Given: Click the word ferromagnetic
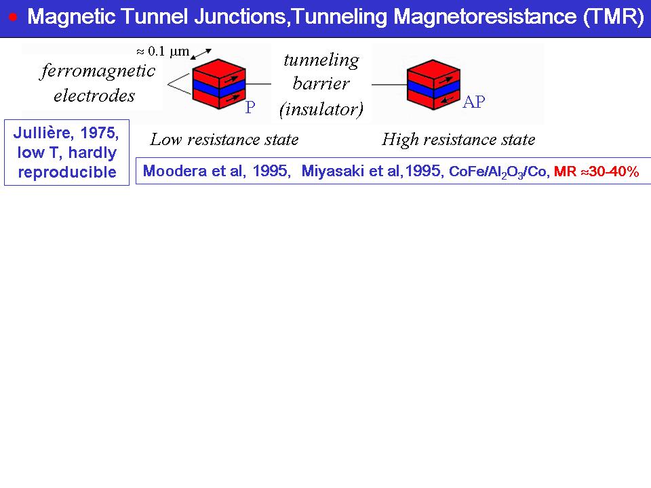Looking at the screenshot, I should pos(98,71).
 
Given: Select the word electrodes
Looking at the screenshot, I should pos(94,96).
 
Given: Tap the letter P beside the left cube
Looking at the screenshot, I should pos(250,108).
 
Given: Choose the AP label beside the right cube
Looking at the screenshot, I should pos(474,102).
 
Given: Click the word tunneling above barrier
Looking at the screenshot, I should pos(321,60).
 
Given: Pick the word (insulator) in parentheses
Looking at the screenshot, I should pos(321,108).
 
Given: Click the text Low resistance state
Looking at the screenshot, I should pos(224,140).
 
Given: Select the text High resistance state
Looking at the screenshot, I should pos(458,140).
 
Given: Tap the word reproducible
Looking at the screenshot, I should pos(67,172).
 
